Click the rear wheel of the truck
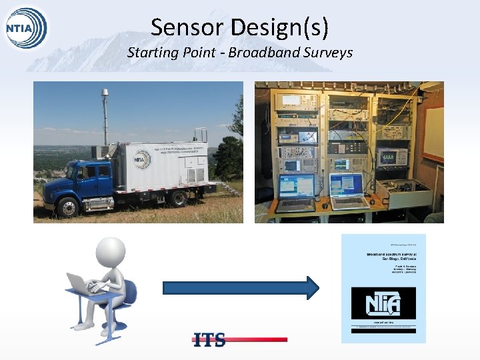(179, 197)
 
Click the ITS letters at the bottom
(209, 339)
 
